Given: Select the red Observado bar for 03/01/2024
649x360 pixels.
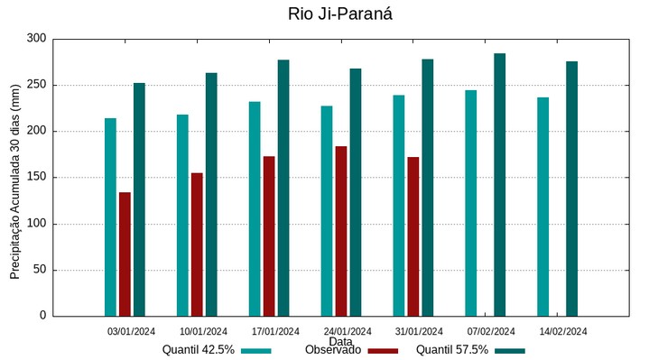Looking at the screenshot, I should point(125,254).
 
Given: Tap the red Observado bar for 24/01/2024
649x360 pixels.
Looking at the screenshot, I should point(341,231).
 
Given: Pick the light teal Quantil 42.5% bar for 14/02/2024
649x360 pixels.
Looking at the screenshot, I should point(542,207).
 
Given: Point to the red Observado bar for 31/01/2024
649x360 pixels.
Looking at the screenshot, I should point(413,236).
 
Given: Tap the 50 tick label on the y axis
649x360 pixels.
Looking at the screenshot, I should point(39,270).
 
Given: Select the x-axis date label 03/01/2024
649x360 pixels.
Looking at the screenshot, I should point(131,331).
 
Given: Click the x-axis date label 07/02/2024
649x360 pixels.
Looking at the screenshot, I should point(491,331).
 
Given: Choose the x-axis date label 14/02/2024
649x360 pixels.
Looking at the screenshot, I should point(563,331).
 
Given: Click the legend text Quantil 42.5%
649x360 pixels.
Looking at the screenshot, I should point(199,350).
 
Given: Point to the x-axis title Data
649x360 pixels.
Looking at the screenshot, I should point(339,342).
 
